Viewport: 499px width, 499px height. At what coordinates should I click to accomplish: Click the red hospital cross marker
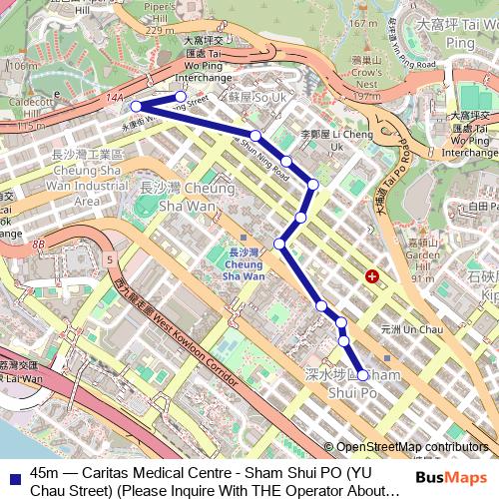(x=372, y=275)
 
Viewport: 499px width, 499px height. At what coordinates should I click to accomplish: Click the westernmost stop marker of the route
(x=136, y=106)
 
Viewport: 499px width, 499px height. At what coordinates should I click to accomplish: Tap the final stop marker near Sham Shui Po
(x=362, y=376)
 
